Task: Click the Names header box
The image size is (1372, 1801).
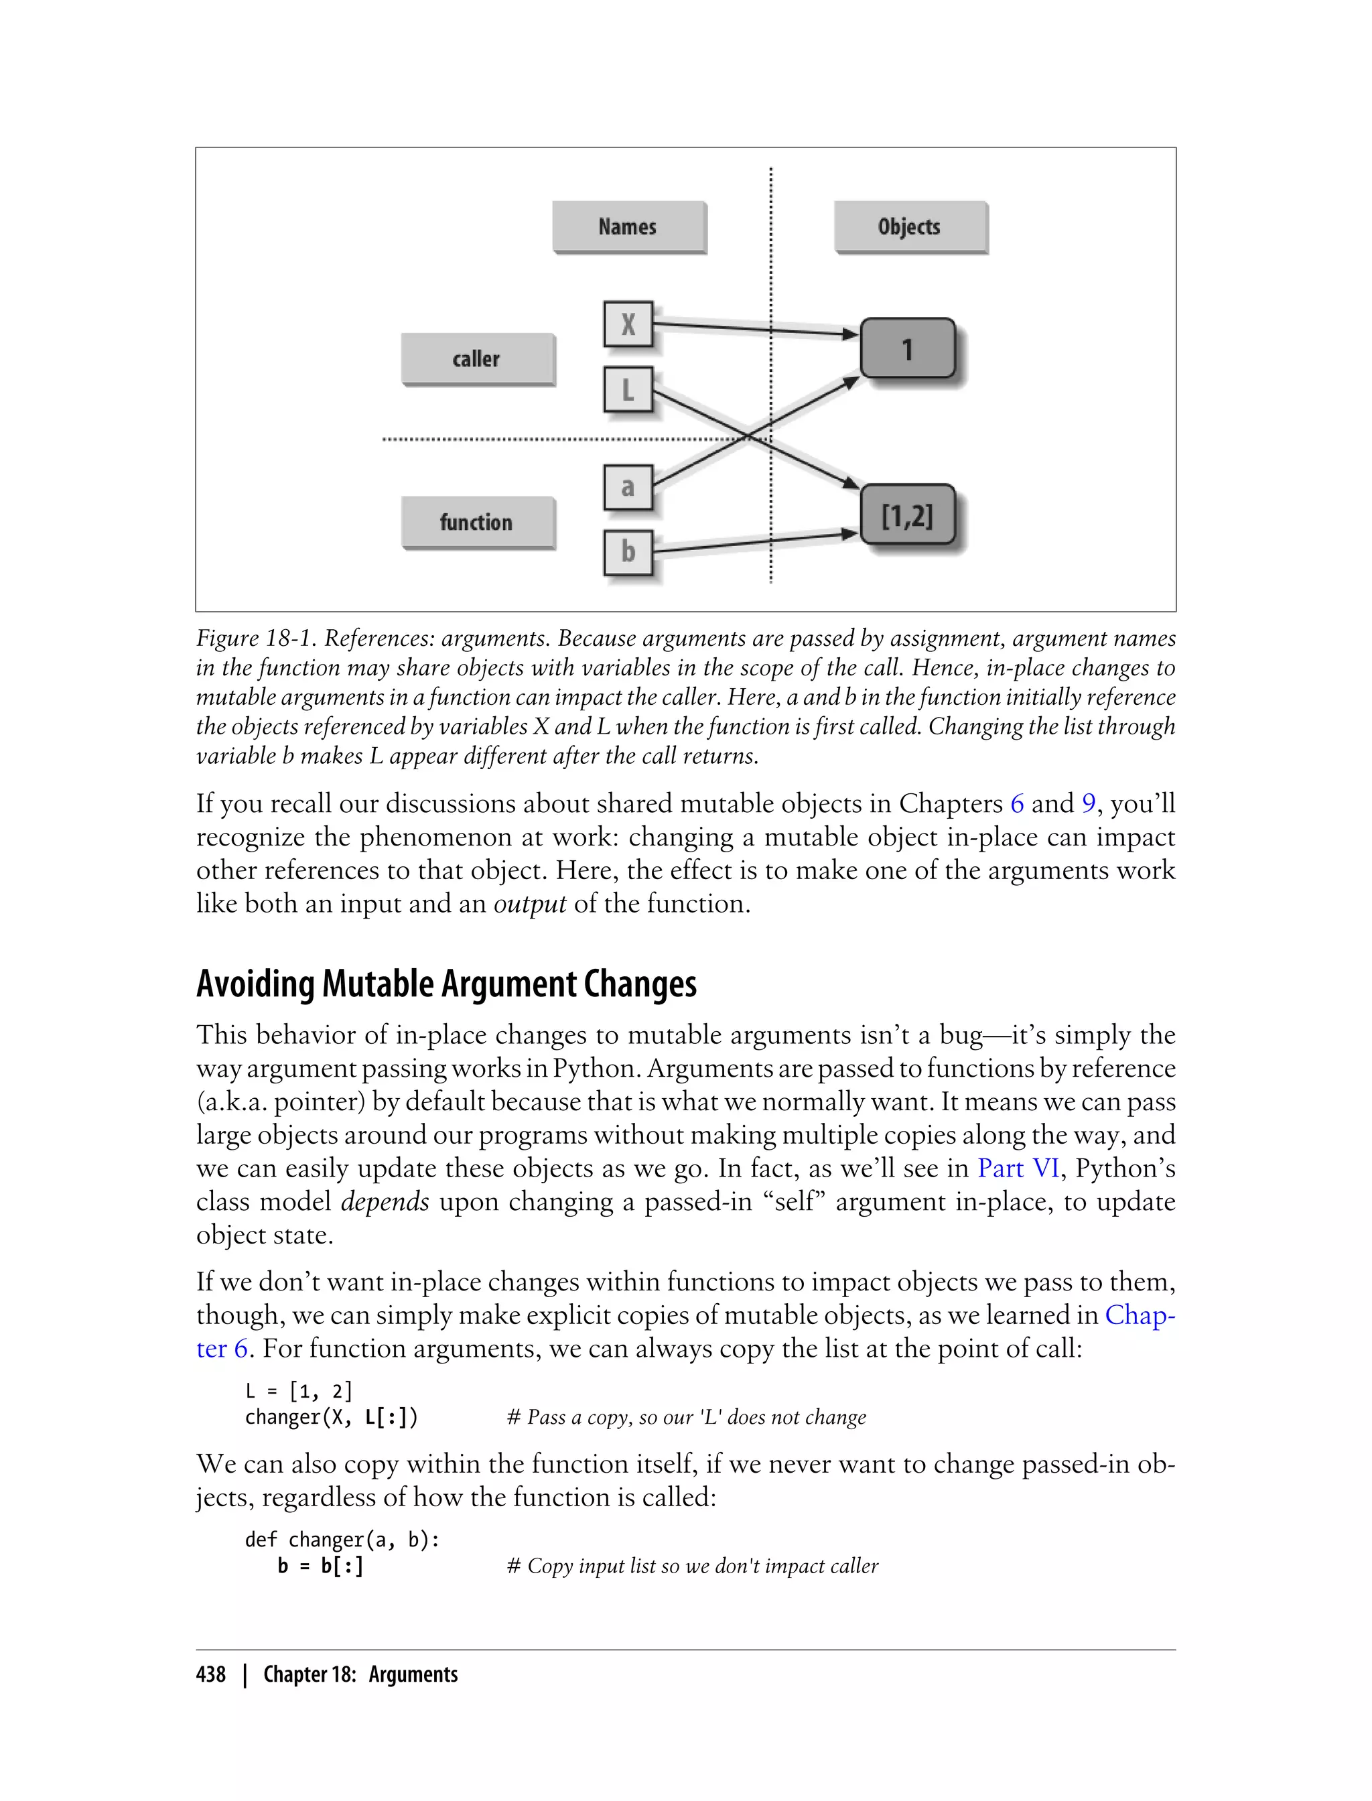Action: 628,226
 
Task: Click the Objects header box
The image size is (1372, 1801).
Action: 910,226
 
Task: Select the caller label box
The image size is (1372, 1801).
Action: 477,358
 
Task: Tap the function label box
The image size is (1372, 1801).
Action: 477,522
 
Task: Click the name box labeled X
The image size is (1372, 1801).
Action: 628,324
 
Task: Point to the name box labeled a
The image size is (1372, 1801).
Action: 628,488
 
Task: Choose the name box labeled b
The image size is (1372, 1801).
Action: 628,552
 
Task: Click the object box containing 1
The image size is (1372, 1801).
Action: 907,350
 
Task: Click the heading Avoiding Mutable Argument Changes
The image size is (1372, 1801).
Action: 446,984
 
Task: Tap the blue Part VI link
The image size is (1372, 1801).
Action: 1018,1169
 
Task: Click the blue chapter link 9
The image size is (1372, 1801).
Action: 1088,804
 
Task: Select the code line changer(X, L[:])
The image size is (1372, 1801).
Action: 332,1417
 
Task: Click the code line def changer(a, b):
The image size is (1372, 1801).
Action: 342,1540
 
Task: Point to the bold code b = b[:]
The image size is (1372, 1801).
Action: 320,1566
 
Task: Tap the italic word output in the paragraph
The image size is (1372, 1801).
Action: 529,904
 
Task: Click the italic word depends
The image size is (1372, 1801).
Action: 385,1202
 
